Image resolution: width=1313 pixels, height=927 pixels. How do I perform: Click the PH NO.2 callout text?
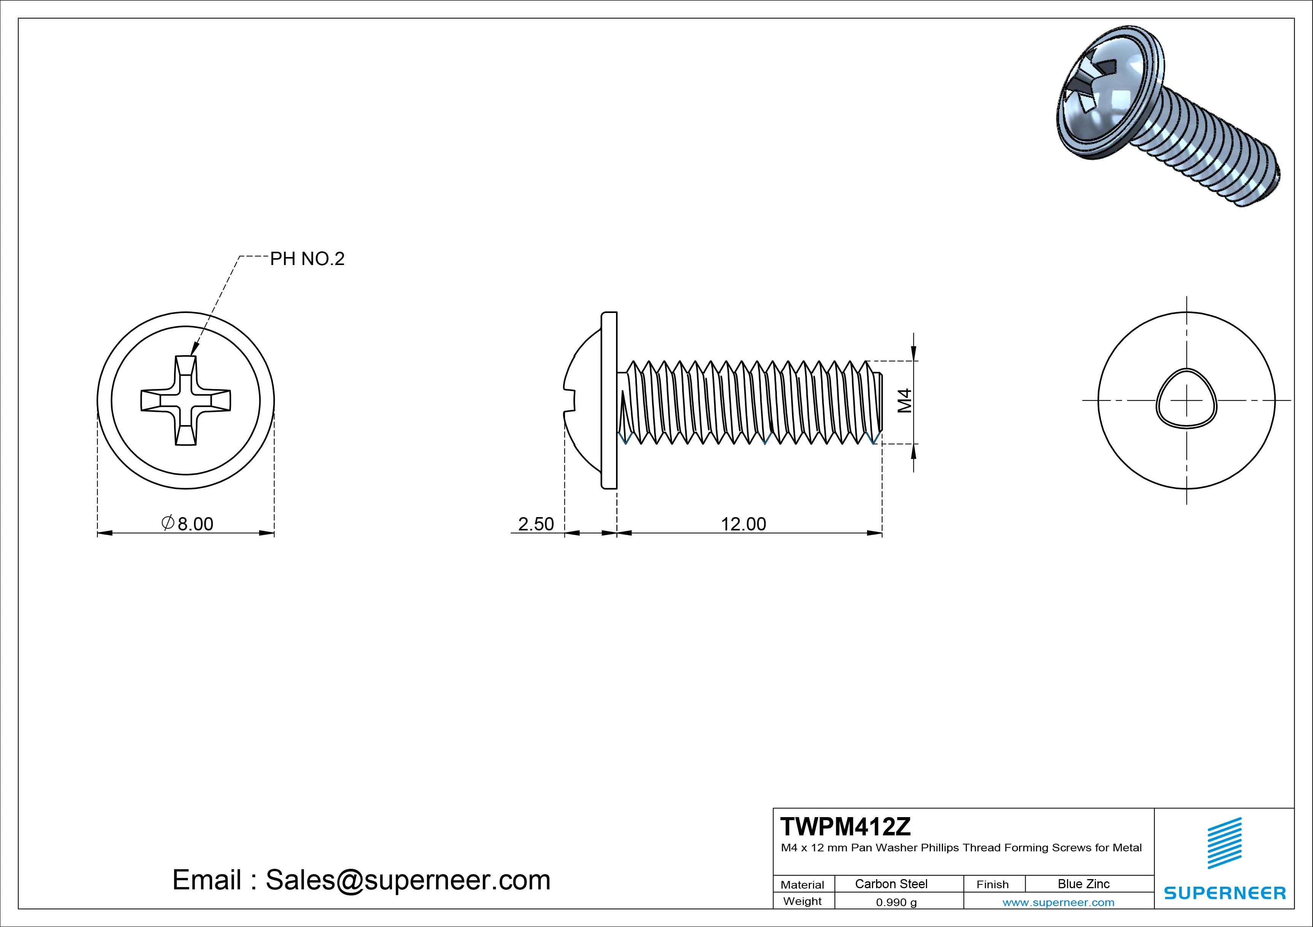point(307,259)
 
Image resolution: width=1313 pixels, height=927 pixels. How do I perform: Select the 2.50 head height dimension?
point(536,524)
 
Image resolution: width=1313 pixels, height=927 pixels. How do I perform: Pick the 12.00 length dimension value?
point(743,524)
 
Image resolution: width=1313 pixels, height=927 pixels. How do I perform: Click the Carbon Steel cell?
point(891,884)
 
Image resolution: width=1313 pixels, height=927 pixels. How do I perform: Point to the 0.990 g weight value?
point(896,902)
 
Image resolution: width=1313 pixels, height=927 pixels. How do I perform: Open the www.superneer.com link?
point(1058,902)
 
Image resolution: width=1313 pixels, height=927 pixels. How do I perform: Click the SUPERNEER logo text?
point(1224,893)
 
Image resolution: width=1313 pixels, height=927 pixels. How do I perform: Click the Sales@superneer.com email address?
point(408,879)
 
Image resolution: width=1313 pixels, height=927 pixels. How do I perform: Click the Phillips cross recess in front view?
point(186,400)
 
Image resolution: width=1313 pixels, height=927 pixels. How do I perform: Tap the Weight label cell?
point(802,901)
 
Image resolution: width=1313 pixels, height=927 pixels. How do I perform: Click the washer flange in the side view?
point(610,400)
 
